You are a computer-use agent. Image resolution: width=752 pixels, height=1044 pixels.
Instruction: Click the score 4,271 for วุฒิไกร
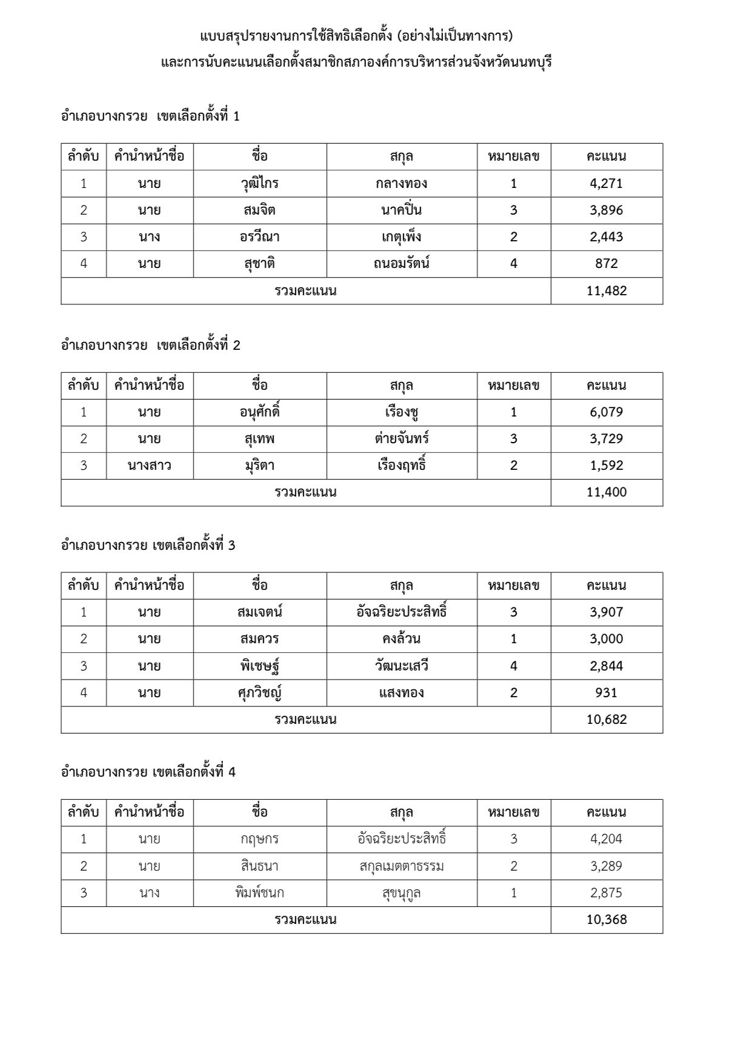pyautogui.click(x=606, y=183)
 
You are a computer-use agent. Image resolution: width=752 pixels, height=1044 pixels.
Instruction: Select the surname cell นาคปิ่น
pyautogui.click(x=401, y=210)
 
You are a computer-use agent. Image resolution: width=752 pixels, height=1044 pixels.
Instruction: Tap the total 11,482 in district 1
pyautogui.click(x=606, y=290)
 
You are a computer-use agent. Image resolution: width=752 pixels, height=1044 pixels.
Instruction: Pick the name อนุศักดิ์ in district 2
pyautogui.click(x=259, y=412)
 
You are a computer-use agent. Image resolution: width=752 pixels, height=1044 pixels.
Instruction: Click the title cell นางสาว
pyautogui.click(x=149, y=466)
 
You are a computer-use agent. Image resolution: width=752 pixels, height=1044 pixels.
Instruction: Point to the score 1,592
pyautogui.click(x=606, y=466)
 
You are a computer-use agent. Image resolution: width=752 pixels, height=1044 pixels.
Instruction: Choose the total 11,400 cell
pyautogui.click(x=606, y=492)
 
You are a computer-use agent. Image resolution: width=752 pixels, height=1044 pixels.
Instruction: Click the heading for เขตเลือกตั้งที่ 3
pyautogui.click(x=148, y=545)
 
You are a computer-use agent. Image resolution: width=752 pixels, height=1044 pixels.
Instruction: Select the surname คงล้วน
pyautogui.click(x=401, y=638)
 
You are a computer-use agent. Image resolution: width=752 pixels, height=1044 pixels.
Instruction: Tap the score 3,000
pyautogui.click(x=606, y=638)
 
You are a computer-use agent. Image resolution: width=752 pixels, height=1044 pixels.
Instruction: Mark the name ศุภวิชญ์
pyautogui.click(x=259, y=692)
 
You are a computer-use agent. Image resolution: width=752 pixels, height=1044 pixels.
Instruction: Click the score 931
pyautogui.click(x=606, y=692)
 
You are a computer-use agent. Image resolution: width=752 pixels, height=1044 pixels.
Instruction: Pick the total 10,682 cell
pyautogui.click(x=606, y=720)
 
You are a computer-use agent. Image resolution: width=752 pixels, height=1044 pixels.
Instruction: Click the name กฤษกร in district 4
pyautogui.click(x=259, y=839)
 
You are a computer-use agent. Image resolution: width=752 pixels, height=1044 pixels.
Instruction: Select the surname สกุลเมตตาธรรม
pyautogui.click(x=401, y=866)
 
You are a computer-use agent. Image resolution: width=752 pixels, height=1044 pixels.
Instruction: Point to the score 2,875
pyautogui.click(x=606, y=892)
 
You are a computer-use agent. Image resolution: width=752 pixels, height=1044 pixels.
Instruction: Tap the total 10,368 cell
pyautogui.click(x=606, y=919)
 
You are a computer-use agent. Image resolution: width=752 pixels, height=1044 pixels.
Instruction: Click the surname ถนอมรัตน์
pyautogui.click(x=401, y=264)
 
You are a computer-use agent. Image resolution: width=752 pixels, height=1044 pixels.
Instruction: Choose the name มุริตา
pyautogui.click(x=259, y=466)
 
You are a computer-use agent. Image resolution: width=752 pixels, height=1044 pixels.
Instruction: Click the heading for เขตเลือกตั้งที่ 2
pyautogui.click(x=150, y=346)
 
